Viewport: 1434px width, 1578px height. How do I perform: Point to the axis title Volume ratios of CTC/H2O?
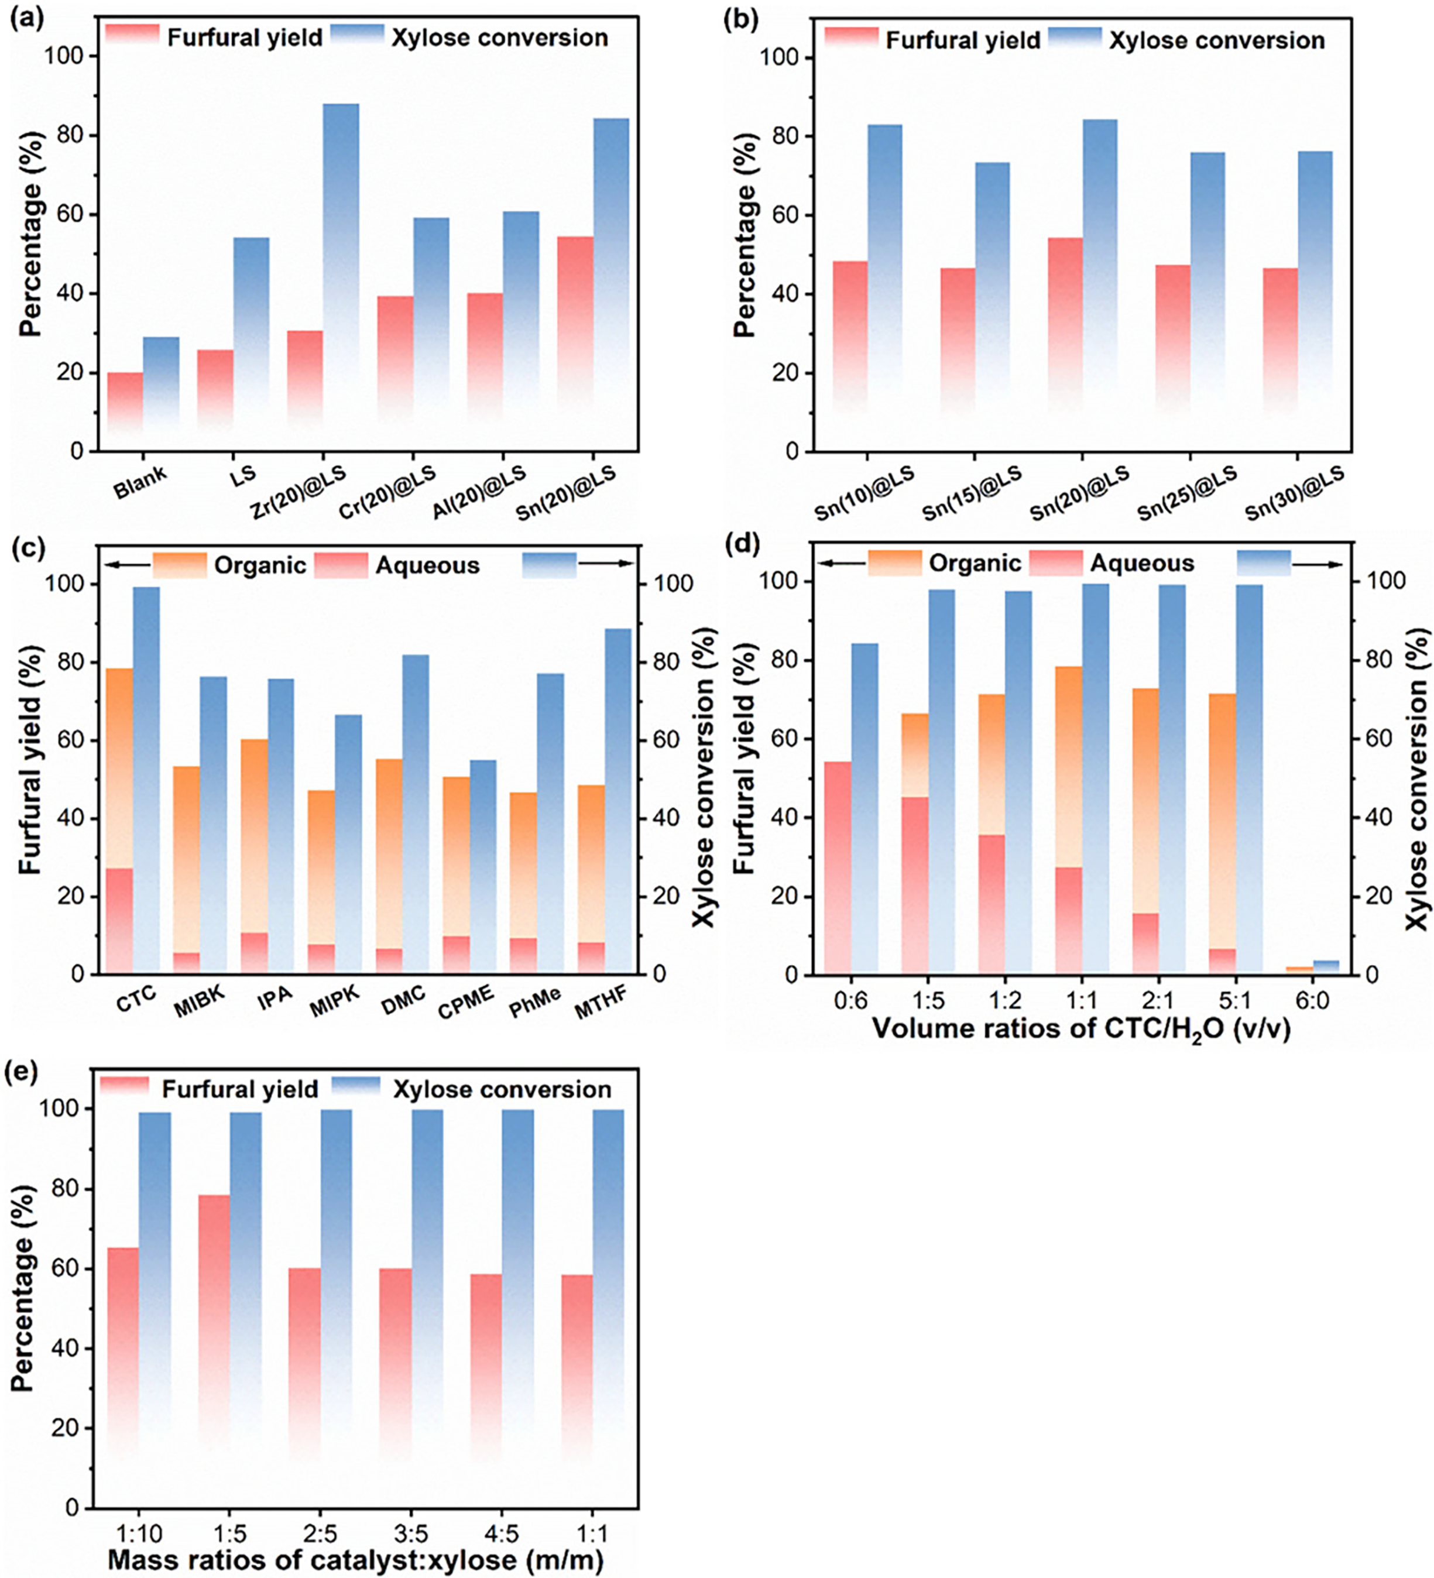coord(1081,1028)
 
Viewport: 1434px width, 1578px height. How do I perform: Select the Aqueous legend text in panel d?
coord(1142,564)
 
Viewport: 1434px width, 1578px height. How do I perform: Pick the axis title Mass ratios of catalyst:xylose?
coord(355,1560)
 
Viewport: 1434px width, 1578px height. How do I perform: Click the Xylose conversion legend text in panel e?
coord(502,1090)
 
